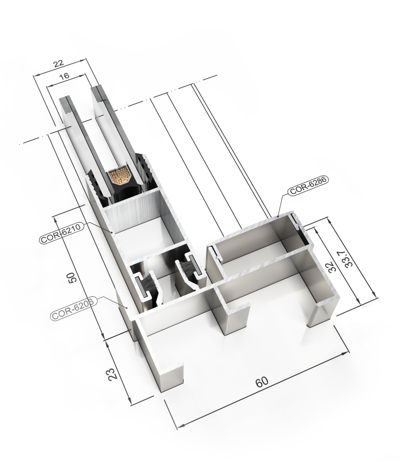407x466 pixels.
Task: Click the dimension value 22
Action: [x=59, y=63]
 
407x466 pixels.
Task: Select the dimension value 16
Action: [x=64, y=76]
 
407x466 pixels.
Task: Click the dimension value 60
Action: [x=262, y=382]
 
